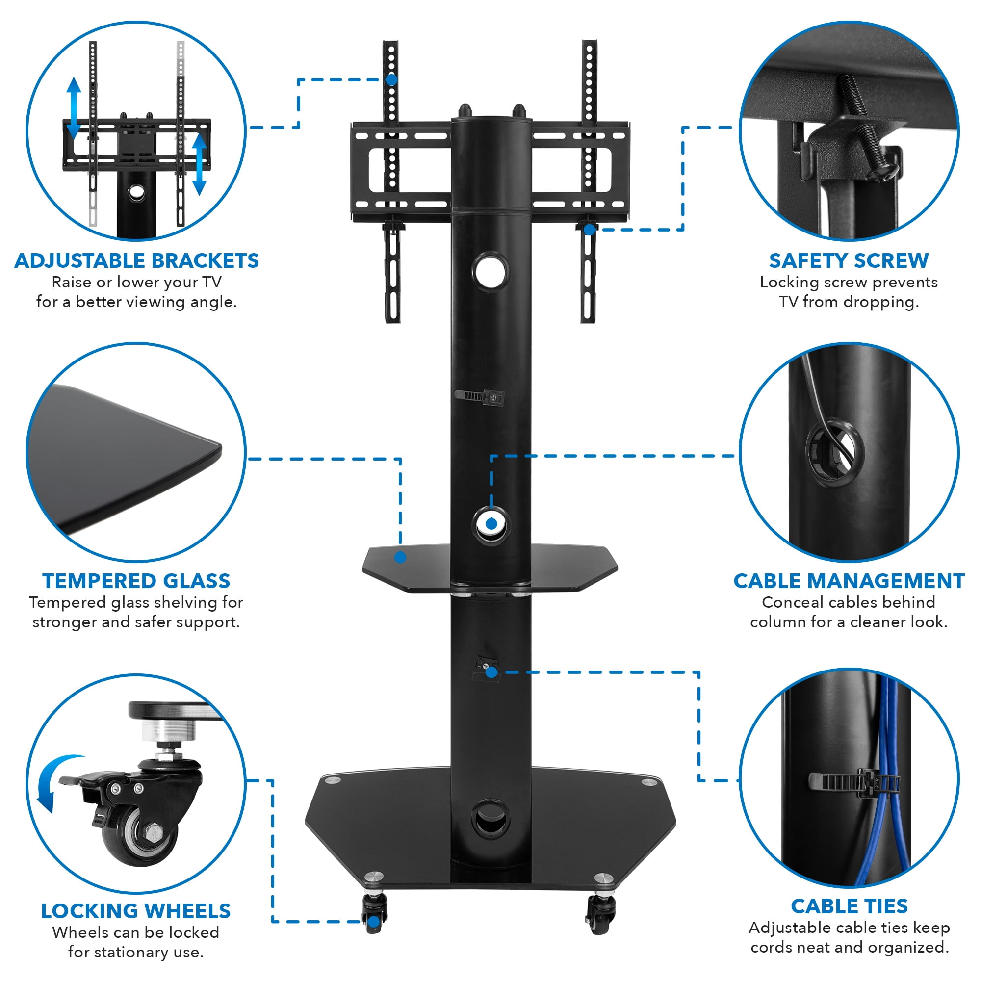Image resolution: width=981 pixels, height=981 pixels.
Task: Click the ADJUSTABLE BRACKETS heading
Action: point(136,260)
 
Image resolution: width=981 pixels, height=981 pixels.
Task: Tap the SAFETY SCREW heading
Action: point(849,260)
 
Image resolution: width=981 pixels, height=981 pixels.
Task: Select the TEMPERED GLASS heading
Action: point(136,580)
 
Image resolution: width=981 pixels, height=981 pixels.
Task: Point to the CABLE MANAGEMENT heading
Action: point(849,580)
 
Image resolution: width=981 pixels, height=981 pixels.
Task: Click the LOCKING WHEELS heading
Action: point(136,911)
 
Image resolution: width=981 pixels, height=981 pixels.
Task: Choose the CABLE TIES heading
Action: point(849,906)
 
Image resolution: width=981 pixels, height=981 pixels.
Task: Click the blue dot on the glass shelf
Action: point(400,558)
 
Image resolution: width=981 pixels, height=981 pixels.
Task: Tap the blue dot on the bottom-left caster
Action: point(374,922)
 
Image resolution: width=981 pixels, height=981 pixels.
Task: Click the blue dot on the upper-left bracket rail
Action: point(391,80)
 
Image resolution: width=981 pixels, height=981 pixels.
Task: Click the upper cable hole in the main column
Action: point(490,271)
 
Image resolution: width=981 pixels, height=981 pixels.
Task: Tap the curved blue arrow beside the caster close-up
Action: point(56,782)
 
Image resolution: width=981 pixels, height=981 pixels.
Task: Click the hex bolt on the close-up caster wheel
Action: point(153,833)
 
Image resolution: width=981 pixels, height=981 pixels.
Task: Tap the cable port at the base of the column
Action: point(490,818)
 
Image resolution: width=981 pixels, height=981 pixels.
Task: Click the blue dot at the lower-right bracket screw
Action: point(589,230)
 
